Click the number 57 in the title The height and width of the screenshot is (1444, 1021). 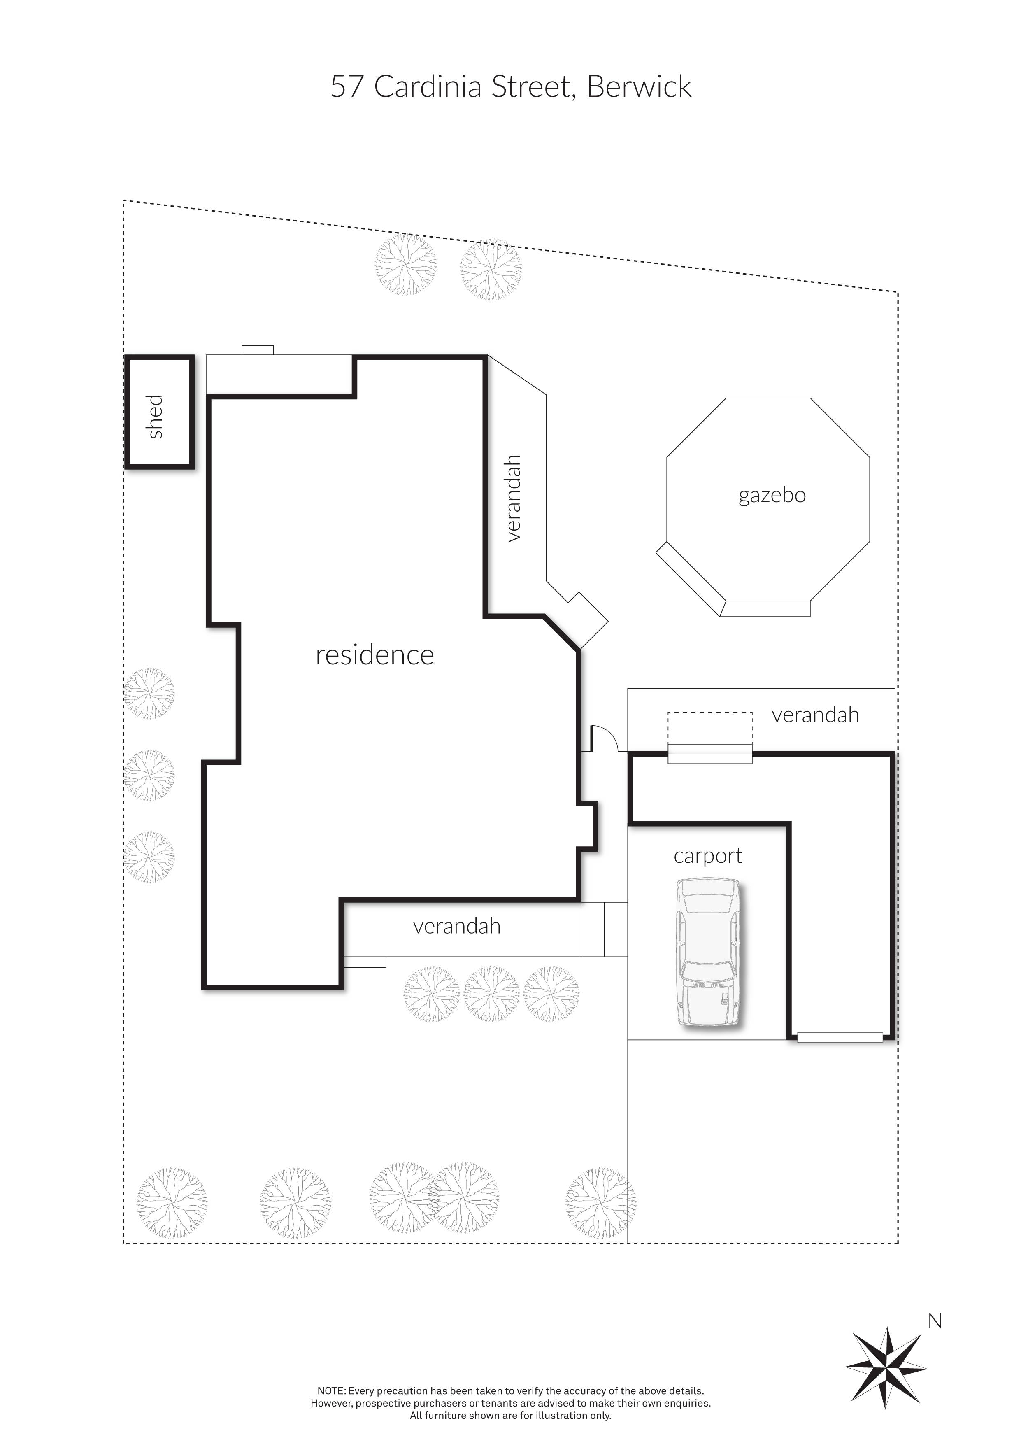point(347,87)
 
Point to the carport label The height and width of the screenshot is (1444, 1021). point(708,856)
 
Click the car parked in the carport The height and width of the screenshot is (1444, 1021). point(709,953)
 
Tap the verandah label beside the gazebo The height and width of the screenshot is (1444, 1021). point(514,498)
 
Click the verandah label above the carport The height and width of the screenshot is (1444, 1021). point(815,715)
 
